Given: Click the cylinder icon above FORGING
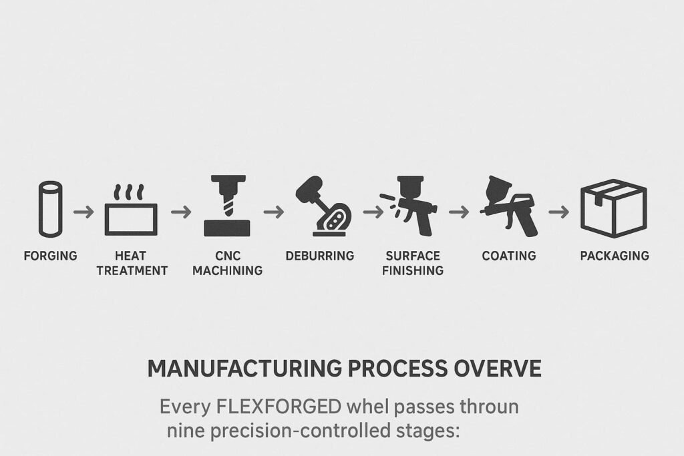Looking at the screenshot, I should coord(49,208).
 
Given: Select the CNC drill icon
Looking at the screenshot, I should coord(226,207).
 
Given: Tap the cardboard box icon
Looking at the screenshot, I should coord(613,208).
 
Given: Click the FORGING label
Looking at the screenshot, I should coord(50,256).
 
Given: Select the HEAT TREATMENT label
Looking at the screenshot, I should coord(132,263).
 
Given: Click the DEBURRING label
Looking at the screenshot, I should coord(320,256).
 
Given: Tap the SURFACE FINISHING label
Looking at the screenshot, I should coord(414,263).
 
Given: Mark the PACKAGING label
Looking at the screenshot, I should coord(614,256).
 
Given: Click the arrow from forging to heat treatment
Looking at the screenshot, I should coord(84,212).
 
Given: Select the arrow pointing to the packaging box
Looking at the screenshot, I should coord(558,212).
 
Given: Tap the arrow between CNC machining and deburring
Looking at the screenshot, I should coord(273,212).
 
